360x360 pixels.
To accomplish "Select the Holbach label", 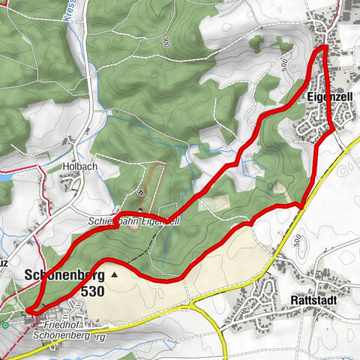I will [x=76, y=167].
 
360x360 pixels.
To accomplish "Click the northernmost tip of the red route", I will [x=324, y=48].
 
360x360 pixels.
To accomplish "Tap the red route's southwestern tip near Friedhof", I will [x=28, y=310].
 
